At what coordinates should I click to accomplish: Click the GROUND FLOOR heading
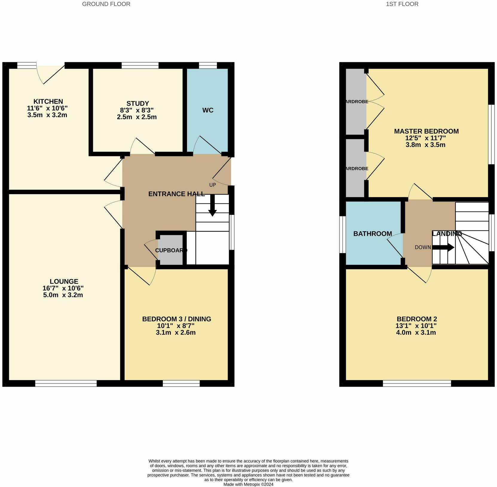[106, 4]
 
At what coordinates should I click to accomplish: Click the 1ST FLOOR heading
[402, 4]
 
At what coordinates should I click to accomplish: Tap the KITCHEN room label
[48, 101]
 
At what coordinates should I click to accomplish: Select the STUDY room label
[137, 103]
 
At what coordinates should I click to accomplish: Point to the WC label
[208, 110]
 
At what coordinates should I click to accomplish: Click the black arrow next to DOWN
[443, 247]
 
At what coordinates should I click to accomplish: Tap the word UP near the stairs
[212, 185]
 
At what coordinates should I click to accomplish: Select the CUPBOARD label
[171, 250]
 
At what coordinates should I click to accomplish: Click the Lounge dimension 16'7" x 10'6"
[63, 288]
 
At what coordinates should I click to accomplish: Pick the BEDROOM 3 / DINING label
[177, 319]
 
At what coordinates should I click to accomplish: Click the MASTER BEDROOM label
[426, 131]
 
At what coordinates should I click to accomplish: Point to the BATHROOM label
[372, 234]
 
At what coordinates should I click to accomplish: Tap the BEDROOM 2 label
[416, 319]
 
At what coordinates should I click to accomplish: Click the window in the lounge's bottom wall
[66, 383]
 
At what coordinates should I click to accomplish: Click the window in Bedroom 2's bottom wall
[417, 383]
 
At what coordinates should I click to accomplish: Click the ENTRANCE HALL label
[176, 194]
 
